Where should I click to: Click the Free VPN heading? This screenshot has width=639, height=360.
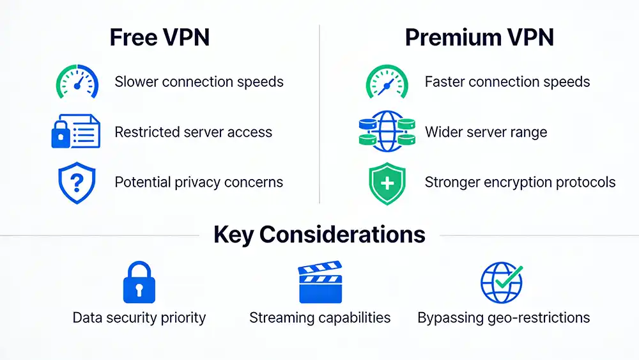pos(159,38)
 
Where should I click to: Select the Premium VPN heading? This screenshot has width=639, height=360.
pos(479,38)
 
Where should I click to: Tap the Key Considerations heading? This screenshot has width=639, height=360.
pos(319,235)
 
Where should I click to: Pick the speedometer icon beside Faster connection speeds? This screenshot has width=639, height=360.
pos(387,82)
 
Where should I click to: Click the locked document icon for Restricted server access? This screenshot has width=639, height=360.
pos(75,132)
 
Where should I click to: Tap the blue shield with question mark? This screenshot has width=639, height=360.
pos(76,183)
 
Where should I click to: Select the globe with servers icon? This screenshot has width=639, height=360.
pos(385,132)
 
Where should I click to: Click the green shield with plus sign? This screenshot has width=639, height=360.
pos(387,183)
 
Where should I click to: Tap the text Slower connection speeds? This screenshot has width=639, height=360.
pos(199,82)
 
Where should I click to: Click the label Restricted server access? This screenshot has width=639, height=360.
pos(193,132)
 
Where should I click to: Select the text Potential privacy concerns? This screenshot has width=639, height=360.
pos(199,182)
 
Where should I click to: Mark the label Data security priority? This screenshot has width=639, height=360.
pos(139,318)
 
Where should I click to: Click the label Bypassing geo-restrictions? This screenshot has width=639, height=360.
pos(504,318)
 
